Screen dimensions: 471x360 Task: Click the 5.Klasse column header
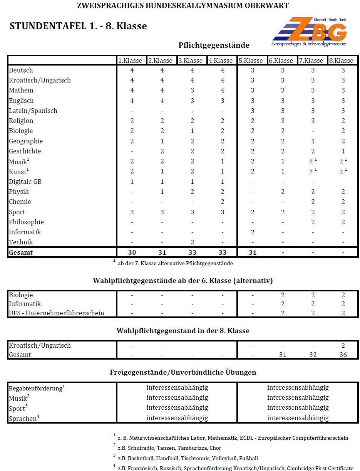point(251,61)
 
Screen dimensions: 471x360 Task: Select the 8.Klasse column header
point(341,61)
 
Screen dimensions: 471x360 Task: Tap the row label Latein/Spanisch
point(33,111)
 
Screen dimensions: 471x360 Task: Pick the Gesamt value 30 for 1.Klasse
point(132,252)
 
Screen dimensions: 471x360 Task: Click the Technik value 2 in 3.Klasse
point(192,242)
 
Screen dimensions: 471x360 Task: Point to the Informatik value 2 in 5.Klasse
point(253,232)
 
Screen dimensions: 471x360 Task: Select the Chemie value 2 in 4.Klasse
point(223,202)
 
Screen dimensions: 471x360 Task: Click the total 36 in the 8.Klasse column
point(343,355)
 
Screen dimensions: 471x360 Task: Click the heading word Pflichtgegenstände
point(214,45)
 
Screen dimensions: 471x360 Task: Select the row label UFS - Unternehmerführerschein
point(57,313)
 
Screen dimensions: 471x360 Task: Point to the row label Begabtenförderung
point(35,388)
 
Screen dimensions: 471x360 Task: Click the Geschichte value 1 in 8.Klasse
point(343,151)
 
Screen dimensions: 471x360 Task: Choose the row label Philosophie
point(26,222)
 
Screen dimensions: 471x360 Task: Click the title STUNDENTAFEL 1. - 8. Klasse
point(78,26)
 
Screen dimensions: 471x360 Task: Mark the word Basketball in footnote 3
point(142,458)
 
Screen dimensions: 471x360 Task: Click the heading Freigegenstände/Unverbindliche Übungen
point(183,372)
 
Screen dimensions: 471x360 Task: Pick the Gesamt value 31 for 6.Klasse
point(283,355)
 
